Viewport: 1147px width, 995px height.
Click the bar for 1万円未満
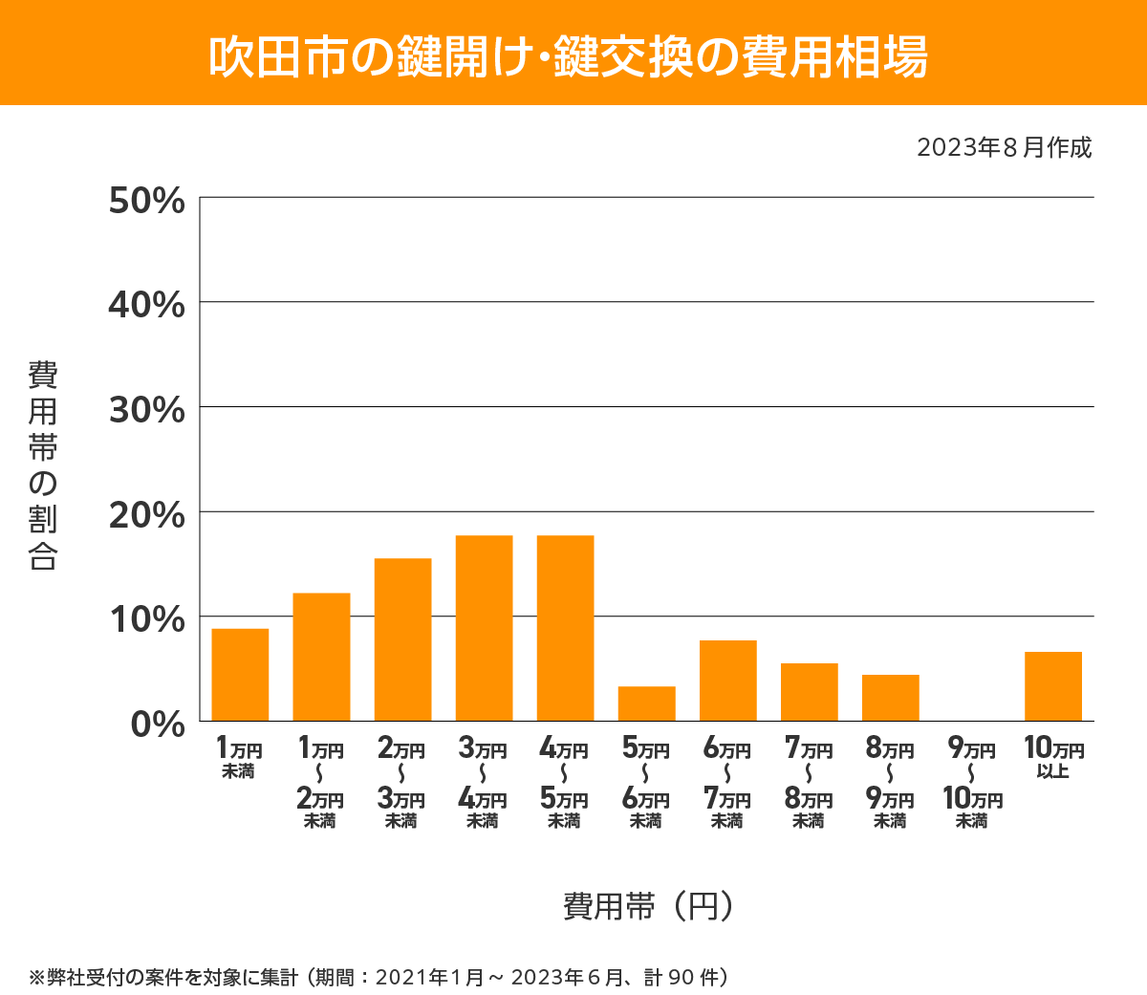pos(240,675)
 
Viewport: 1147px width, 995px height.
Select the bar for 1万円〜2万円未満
pos(321,658)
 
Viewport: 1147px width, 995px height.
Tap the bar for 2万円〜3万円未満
pos(402,639)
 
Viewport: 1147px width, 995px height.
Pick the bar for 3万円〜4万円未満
pos(484,628)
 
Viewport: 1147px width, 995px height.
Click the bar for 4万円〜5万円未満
pos(565,628)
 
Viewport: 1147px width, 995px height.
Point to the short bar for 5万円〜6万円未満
pos(646,703)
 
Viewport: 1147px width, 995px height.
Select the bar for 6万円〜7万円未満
pos(727,681)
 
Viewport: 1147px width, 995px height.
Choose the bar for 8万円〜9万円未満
pos(890,698)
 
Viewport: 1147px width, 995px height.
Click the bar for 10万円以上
pos(1052,686)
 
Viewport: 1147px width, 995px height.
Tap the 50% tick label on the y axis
pos(146,201)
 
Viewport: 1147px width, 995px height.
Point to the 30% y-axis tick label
pos(146,410)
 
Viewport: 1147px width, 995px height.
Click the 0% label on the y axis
pos(158,724)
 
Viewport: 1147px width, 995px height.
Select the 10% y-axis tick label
pos(146,619)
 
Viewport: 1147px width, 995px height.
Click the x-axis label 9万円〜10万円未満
pos(972,784)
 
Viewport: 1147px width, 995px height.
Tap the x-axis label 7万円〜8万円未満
pos(809,784)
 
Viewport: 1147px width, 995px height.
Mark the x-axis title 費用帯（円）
pos(648,905)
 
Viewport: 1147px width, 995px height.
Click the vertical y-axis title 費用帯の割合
pos(43,465)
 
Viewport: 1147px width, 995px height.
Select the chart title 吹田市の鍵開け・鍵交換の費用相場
pos(569,56)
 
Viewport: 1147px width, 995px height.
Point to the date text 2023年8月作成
pos(1004,148)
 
